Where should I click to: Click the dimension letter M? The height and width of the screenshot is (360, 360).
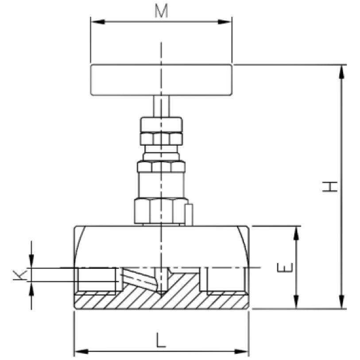[x=161, y=11]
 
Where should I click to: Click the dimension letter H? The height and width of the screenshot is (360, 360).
[x=330, y=186]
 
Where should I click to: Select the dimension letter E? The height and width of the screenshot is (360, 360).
[x=285, y=267]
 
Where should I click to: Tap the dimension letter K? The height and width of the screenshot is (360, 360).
[x=20, y=275]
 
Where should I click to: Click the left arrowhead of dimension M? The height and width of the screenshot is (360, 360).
[x=98, y=22]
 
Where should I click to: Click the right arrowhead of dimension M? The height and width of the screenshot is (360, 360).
[x=225, y=22]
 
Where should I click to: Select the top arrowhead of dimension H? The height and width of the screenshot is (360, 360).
[x=342, y=72]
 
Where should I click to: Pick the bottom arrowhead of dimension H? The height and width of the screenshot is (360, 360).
[x=342, y=302]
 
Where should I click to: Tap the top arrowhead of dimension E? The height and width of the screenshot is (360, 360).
[x=296, y=233]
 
